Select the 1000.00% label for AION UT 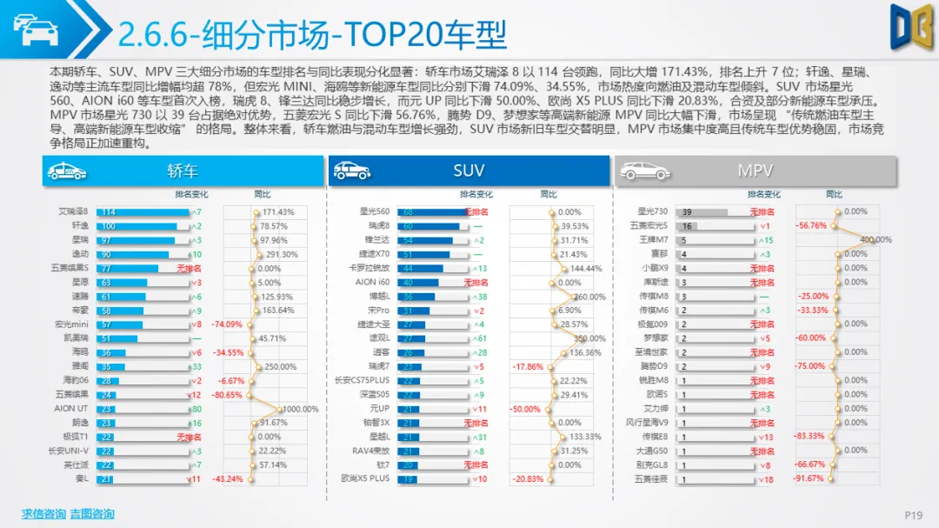pos(300,409)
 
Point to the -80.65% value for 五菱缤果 pos(227,394)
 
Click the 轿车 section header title pos(182,171)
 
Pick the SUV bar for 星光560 pos(432,212)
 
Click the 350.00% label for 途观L pos(589,338)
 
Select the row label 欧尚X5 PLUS pos(365,478)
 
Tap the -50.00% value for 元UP pos(526,409)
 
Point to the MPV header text pos(756,171)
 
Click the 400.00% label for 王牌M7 pos(876,240)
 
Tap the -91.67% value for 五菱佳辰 pos(809,478)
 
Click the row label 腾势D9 pos(654,366)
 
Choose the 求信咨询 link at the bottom pos(43,514)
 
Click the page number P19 pos(913,515)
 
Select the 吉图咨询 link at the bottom pos(92,514)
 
